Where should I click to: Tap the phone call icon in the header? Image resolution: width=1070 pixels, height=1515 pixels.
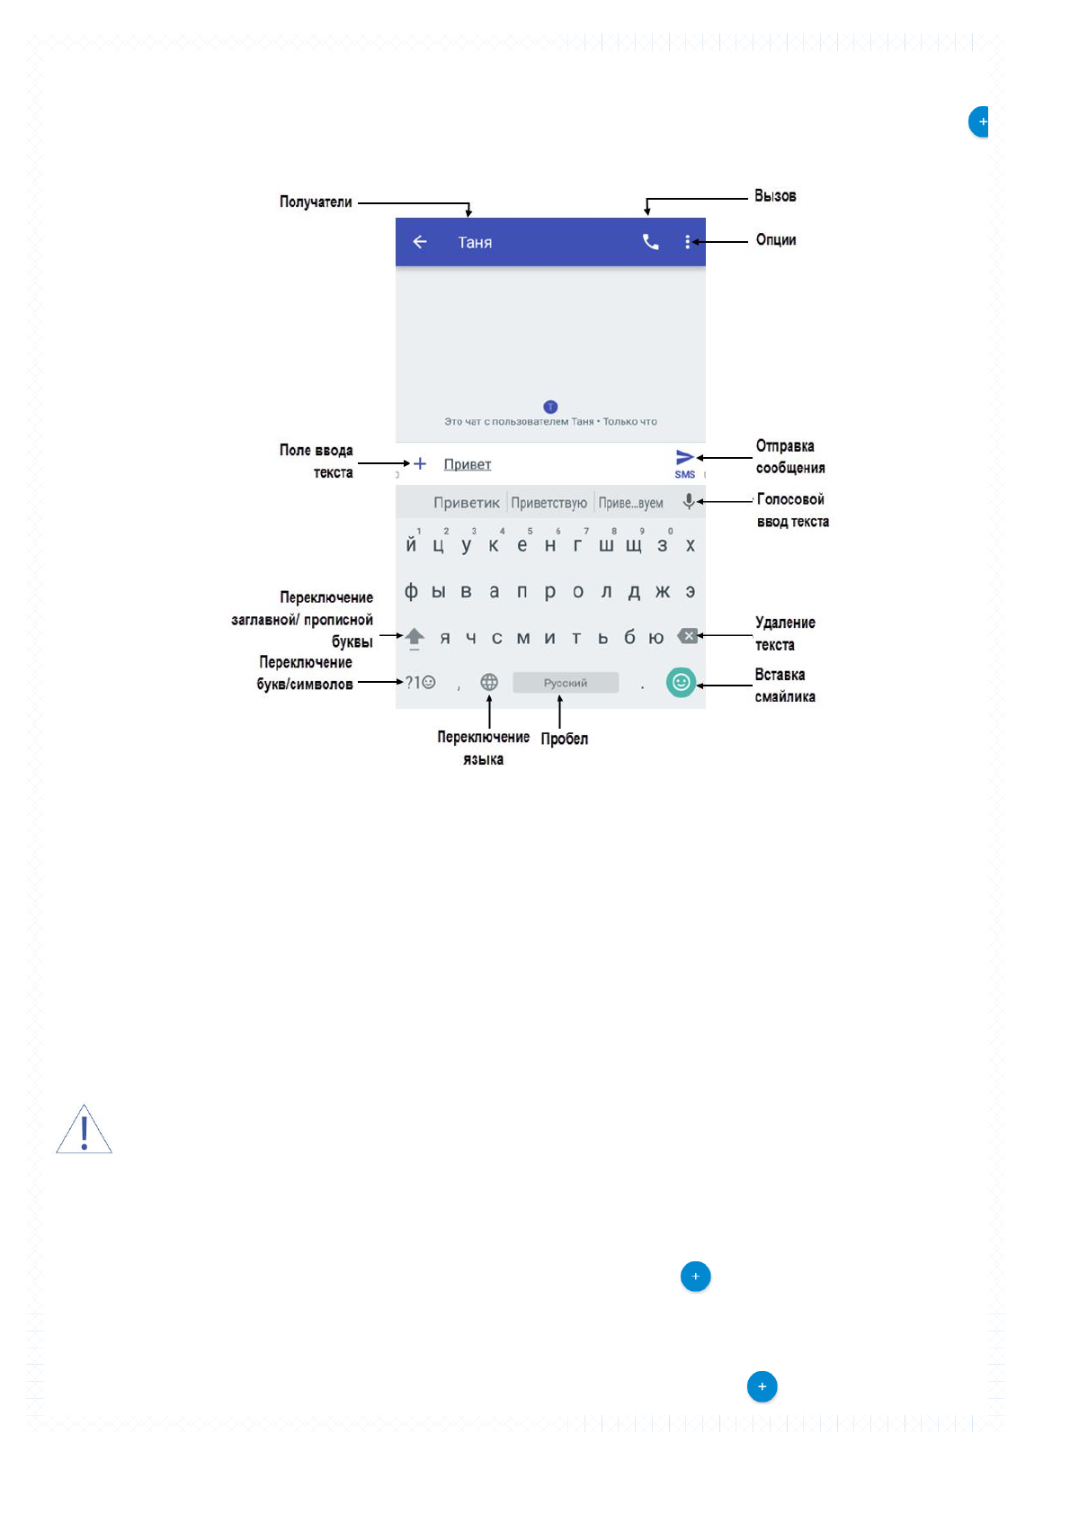click(x=650, y=242)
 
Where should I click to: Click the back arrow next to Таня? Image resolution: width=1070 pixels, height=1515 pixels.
click(x=420, y=242)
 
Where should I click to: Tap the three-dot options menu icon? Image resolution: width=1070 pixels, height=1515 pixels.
click(x=687, y=242)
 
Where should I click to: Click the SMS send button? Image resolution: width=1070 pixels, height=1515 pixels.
click(x=685, y=462)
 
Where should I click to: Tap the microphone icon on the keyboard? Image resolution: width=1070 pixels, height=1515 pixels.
click(x=689, y=502)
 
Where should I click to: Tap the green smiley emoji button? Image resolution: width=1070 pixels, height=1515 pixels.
click(x=681, y=683)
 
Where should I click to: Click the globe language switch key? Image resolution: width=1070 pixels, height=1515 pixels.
click(x=489, y=683)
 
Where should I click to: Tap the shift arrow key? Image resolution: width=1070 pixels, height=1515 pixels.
click(x=415, y=638)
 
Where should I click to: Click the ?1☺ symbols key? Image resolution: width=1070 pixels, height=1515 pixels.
click(x=420, y=683)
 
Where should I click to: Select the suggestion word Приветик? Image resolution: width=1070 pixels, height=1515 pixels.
click(x=467, y=503)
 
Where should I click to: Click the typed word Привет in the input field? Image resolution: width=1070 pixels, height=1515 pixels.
click(x=468, y=464)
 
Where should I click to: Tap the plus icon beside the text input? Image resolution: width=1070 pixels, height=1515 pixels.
click(x=420, y=463)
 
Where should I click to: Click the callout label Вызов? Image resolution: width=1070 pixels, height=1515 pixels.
click(x=775, y=196)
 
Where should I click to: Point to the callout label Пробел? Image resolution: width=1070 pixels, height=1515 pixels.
click(x=564, y=740)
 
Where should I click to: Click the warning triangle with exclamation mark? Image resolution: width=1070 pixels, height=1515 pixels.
click(x=84, y=1131)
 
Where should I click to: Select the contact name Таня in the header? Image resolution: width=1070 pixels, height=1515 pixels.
click(x=475, y=243)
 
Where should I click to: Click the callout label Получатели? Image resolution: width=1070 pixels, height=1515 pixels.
click(x=316, y=202)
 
